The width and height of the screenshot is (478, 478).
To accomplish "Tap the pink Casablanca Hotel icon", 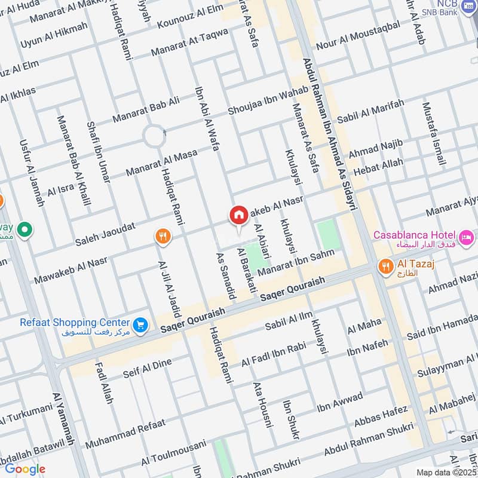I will pos(466,235).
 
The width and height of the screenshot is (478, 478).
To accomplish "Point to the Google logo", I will pos(24,468).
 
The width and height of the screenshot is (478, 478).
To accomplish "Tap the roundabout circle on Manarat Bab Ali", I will pos(154,137).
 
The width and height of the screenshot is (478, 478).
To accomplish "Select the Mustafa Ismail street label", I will pos(434,134).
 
